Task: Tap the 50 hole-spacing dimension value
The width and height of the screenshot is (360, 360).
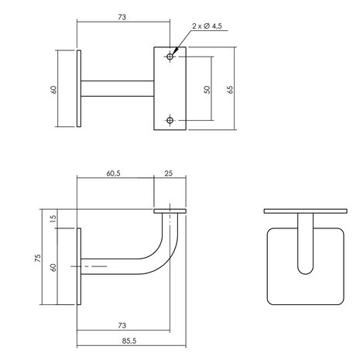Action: click(207, 88)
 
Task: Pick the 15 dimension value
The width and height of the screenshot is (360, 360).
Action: click(53, 219)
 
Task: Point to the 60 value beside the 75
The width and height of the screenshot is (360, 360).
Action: click(53, 267)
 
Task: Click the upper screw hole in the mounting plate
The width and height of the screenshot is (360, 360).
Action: click(170, 57)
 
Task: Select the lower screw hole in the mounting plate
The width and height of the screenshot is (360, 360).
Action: click(170, 120)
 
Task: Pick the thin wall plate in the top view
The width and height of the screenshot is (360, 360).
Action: click(79, 88)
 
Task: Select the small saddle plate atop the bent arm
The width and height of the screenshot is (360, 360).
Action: click(170, 210)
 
